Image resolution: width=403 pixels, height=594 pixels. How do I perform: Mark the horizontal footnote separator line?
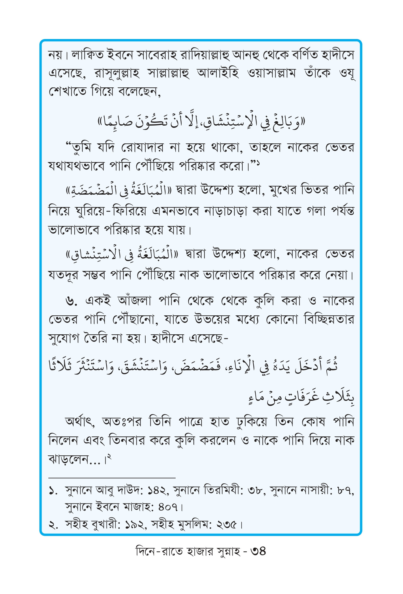click(112, 478)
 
